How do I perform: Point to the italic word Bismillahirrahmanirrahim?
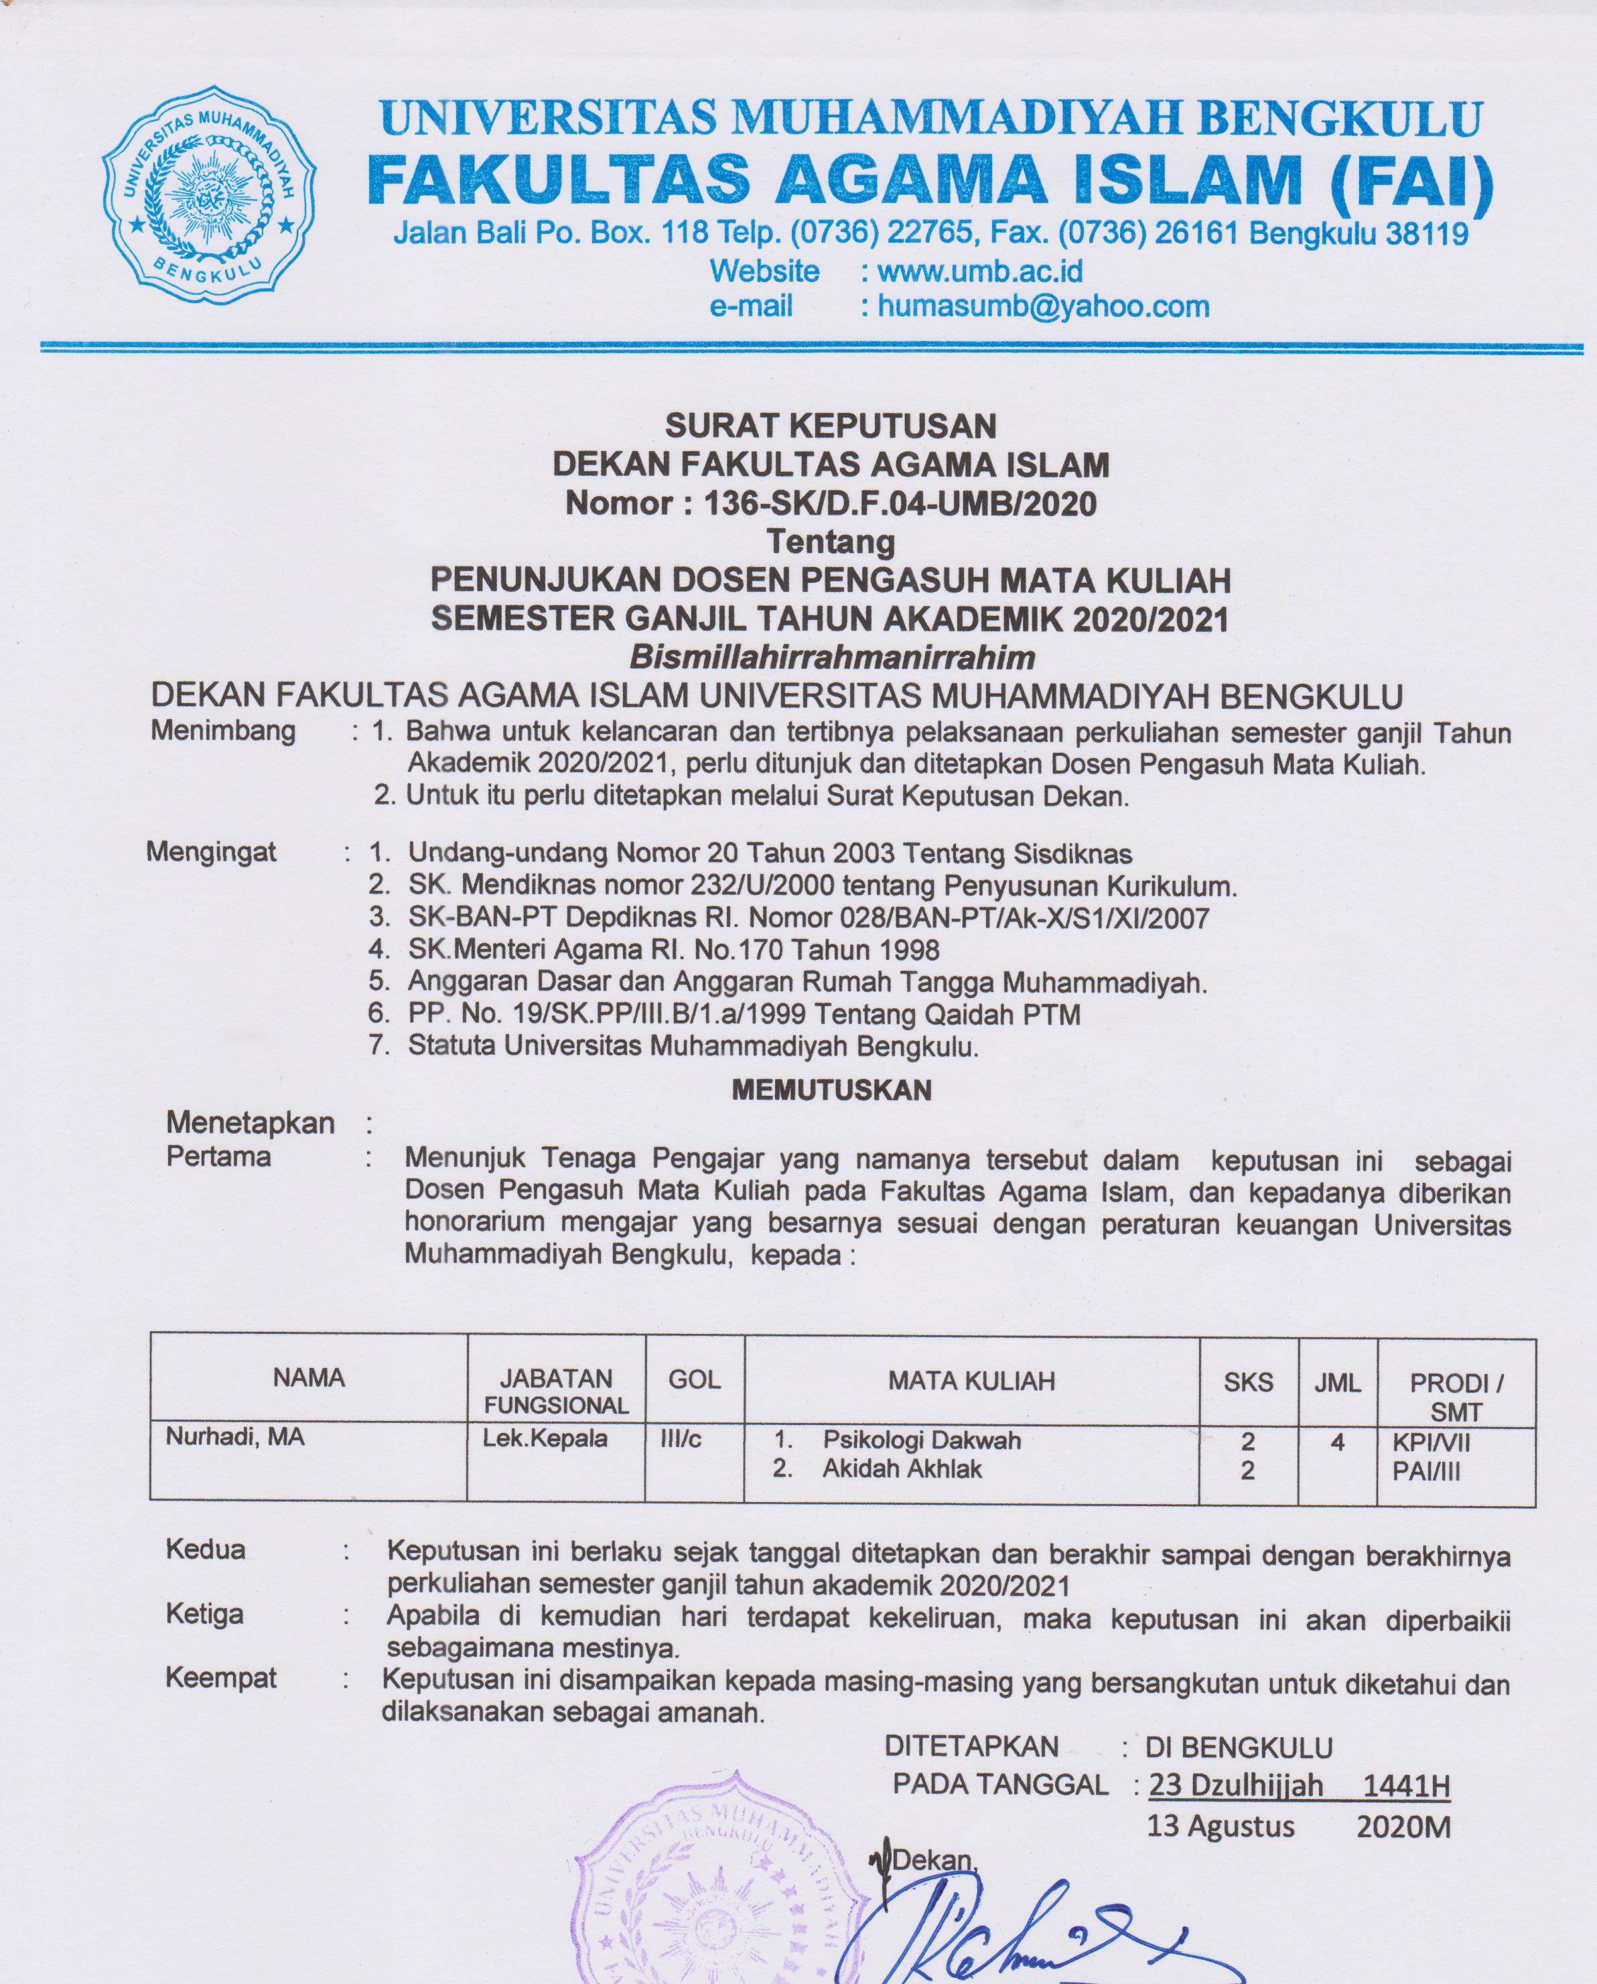click(831, 657)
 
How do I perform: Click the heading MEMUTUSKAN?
click(831, 1091)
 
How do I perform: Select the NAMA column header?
click(308, 1377)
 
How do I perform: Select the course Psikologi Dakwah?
click(921, 1440)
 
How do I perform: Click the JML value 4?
click(1338, 1442)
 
